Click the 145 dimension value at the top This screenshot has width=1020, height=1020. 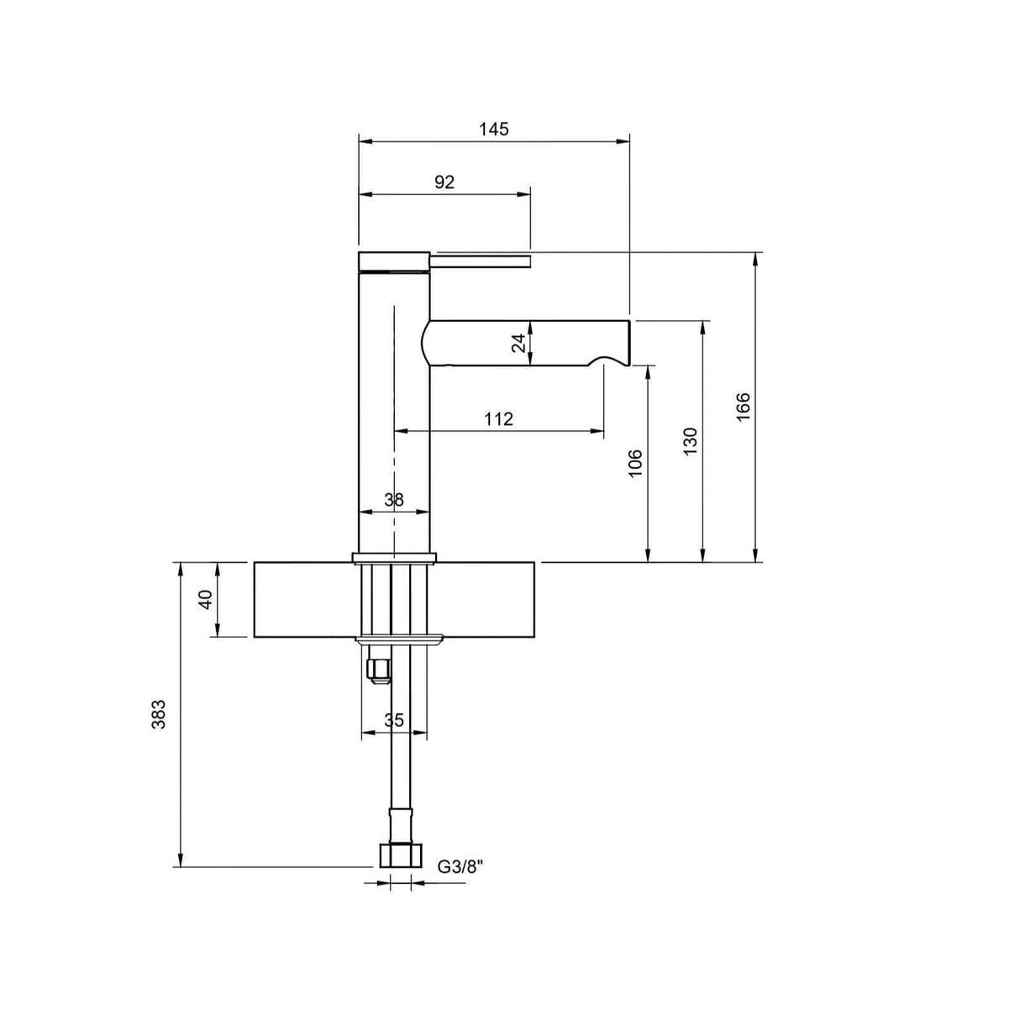coord(494,129)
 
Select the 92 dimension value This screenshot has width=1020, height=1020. coord(444,182)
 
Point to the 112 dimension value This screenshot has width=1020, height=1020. coord(498,418)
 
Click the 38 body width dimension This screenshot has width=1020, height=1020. coord(393,500)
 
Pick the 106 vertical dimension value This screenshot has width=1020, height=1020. coord(636,464)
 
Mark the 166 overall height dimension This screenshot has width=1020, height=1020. coord(744,407)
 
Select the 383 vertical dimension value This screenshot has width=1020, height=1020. coord(160,714)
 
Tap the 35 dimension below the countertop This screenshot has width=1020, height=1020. coord(394,720)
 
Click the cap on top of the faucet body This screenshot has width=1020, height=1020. coord(394,260)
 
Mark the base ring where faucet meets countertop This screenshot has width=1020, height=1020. coord(395,557)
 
